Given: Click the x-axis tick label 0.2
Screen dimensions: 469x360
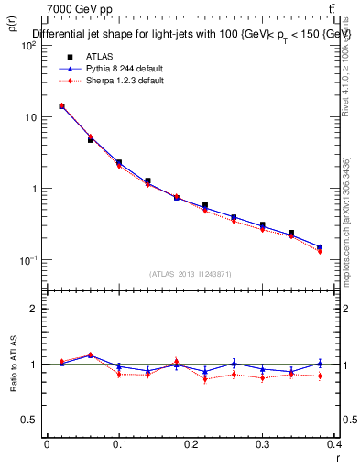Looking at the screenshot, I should coord(191,443).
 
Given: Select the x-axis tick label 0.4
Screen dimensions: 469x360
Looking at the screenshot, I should coord(334,443).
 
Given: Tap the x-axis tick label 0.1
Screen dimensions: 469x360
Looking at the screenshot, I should coord(118,443).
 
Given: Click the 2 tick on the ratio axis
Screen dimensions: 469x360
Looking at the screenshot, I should coord(33,309).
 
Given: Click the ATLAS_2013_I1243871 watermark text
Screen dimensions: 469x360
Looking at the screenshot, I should coord(191,274).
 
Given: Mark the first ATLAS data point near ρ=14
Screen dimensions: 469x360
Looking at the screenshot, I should coord(61,106).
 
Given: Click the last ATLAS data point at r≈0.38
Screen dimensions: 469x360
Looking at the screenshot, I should coord(320,247).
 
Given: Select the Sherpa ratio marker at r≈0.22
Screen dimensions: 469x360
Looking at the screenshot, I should coord(205,378).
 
